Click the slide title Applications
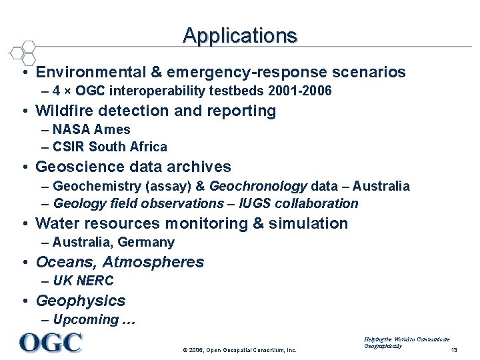tap(240, 35)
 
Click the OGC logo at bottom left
tap(51, 342)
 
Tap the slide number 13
tap(454, 350)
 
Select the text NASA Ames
tap(91, 129)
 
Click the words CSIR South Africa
tap(110, 147)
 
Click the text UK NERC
tap(83, 281)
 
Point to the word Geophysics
tap(81, 301)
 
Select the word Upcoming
tap(85, 319)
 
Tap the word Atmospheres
tap(153, 262)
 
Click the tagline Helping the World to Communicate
tap(407, 339)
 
